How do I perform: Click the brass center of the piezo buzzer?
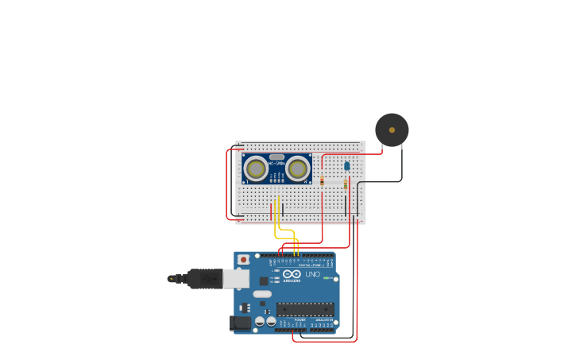[392, 130]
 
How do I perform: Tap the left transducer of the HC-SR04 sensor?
[256, 168]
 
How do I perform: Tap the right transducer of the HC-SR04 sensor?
[299, 168]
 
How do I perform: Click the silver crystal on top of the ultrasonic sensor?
[276, 157]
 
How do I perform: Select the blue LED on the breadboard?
[347, 165]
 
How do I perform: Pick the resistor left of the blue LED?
[322, 181]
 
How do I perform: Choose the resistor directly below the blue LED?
[346, 184]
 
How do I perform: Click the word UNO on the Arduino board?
[312, 274]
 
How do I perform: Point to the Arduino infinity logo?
[292, 274]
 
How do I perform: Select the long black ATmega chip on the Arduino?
[305, 309]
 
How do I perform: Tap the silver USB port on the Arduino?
[236, 278]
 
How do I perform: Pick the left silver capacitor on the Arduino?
[260, 322]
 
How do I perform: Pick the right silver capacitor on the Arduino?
[271, 322]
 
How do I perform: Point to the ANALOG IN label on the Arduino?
[324, 319]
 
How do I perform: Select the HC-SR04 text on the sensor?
[277, 164]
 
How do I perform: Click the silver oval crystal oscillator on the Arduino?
[262, 294]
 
